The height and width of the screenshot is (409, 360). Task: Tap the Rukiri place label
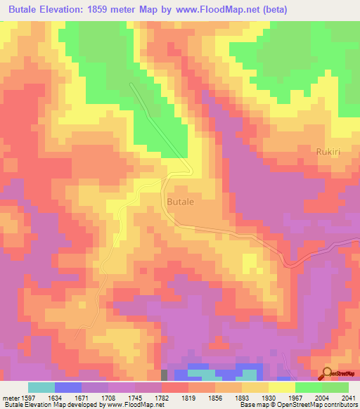(328, 150)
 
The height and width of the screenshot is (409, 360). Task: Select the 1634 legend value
(54, 397)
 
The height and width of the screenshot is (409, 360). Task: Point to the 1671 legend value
(81, 397)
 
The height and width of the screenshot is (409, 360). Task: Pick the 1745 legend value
(135, 397)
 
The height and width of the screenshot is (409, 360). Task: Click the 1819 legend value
(188, 397)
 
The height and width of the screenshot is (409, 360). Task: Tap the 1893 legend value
(242, 397)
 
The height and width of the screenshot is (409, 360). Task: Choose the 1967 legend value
(295, 397)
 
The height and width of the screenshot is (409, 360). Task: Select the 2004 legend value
(322, 397)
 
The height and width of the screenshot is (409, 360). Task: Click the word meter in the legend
(9, 397)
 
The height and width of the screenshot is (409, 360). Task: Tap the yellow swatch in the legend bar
(281, 387)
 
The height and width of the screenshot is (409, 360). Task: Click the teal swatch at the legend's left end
(41, 387)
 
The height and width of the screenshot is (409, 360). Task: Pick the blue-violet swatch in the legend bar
(67, 387)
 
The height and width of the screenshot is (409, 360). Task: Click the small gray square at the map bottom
(164, 375)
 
